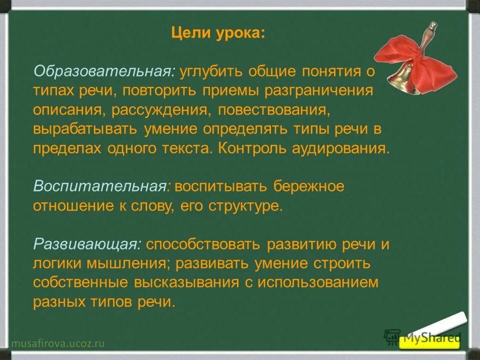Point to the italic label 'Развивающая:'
[87, 245]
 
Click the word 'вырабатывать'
[86, 129]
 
